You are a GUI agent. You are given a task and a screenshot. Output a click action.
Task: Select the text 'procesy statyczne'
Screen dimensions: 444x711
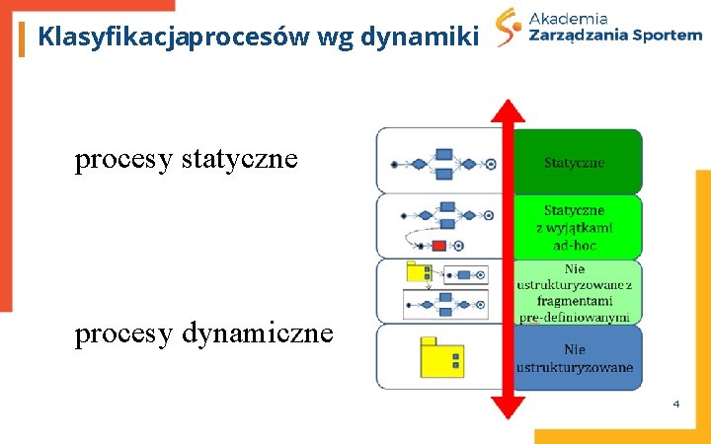coord(186,159)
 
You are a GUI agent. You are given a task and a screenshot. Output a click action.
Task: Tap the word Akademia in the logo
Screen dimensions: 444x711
coord(569,17)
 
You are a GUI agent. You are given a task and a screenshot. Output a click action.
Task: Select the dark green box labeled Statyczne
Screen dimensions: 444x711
coord(576,162)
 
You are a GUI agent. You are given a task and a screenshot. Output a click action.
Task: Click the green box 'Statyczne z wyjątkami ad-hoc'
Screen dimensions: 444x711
coord(576,227)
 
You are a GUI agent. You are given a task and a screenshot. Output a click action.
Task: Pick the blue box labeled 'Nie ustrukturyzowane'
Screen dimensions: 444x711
coord(576,358)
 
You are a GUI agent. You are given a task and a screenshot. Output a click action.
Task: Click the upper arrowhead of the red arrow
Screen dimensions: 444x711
coord(508,111)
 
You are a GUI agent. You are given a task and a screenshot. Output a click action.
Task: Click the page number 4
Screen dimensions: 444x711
coord(676,403)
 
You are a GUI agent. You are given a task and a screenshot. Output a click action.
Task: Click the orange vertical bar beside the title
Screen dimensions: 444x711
coord(22,38)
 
